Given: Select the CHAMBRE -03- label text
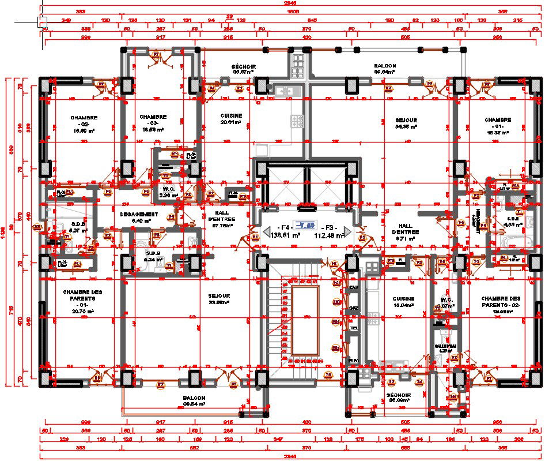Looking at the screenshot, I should pyautogui.click(x=153, y=123).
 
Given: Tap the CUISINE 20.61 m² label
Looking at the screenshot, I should pyautogui.click(x=231, y=119).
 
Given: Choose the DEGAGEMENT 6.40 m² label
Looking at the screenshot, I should pyautogui.click(x=136, y=217).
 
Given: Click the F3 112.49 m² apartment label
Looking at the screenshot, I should pyautogui.click(x=330, y=231).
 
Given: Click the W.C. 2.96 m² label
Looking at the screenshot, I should pyautogui.click(x=168, y=192).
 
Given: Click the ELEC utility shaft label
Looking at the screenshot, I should pyautogui.click(x=353, y=361).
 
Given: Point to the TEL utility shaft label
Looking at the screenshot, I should pyautogui.click(x=353, y=327).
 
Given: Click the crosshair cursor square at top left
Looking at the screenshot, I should pyautogui.click(x=42, y=23).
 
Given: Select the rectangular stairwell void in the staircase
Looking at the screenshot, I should pyautogui.click(x=305, y=321).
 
